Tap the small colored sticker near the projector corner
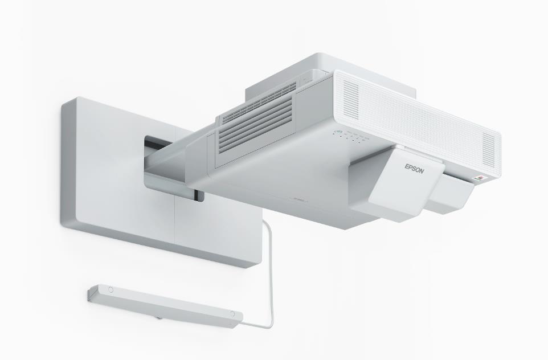click(x=479, y=179)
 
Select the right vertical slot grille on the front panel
click(x=489, y=148)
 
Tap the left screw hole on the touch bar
click(x=111, y=290)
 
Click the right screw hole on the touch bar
click(x=232, y=314)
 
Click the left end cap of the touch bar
click(x=91, y=294)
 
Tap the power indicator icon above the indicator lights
click(x=338, y=133)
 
